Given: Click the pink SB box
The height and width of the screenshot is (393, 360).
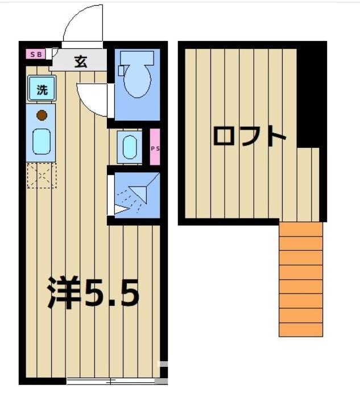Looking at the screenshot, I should pyautogui.click(x=36, y=55).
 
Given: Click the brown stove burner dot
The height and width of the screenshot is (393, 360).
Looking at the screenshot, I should pyautogui.click(x=42, y=115).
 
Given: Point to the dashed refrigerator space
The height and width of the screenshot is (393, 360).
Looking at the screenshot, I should pyautogui.click(x=42, y=175).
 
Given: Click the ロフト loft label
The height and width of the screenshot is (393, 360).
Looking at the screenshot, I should pyautogui.click(x=249, y=136).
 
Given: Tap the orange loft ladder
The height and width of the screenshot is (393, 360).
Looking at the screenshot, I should pyautogui.click(x=300, y=279).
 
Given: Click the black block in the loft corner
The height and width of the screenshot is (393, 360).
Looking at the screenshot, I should pyautogui.click(x=311, y=97).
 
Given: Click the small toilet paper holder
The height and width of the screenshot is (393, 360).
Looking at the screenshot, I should pyautogui.click(x=121, y=70).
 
